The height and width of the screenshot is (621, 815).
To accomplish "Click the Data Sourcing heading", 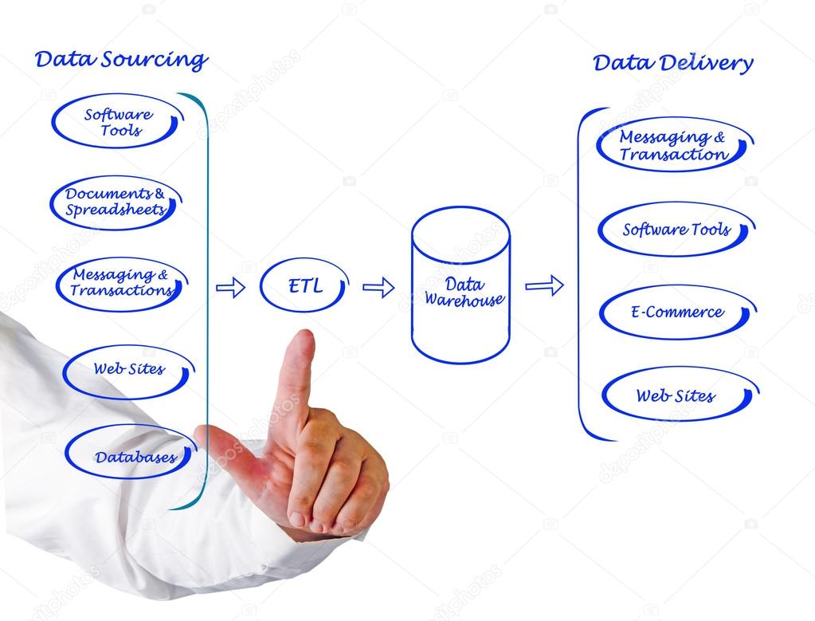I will point(121,60).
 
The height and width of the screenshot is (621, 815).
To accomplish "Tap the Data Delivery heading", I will point(672,64).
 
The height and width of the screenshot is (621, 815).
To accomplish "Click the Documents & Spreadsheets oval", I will point(116,202).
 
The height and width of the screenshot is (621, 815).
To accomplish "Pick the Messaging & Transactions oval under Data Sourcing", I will point(121,283).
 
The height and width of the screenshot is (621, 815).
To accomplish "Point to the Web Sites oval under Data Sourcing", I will point(129,370).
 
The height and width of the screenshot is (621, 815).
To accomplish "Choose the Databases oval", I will point(131,458).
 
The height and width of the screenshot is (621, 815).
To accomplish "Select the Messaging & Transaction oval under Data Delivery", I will point(674,146).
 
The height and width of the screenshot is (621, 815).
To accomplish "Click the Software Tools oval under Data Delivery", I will point(676,230).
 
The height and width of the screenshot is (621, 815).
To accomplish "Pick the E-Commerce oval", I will point(677,312).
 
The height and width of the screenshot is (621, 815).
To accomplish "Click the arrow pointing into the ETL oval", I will point(230,288).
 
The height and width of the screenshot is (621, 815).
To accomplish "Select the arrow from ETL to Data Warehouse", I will point(378,288).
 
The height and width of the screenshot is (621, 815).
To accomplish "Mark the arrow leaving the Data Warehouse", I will point(544,285).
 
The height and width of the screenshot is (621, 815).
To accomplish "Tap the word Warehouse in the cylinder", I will point(464,301).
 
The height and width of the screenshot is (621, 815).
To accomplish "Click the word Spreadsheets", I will point(116,210).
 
